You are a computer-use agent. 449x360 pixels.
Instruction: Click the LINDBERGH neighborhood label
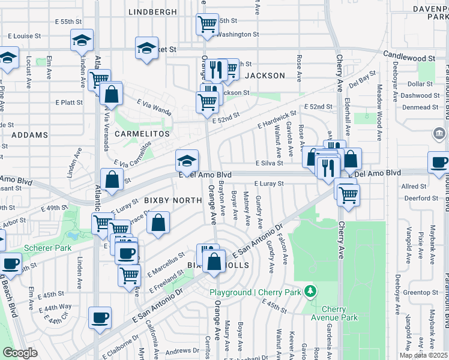[153, 12]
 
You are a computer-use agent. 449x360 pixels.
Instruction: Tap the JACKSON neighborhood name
[265, 76]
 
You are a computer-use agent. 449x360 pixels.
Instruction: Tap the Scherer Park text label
[48, 248]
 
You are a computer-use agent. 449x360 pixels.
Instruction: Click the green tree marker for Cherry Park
[310, 292]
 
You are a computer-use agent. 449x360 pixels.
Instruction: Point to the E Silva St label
[269, 163]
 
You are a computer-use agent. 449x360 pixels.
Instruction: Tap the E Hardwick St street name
[277, 119]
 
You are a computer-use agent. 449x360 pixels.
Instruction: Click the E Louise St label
[25, 36]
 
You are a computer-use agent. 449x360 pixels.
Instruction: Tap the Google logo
[20, 353]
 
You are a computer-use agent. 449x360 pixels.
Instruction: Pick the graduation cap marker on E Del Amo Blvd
[187, 161]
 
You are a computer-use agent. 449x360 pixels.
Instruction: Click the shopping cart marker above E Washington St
[207, 25]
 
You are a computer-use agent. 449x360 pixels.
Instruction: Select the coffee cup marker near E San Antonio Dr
[100, 317]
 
